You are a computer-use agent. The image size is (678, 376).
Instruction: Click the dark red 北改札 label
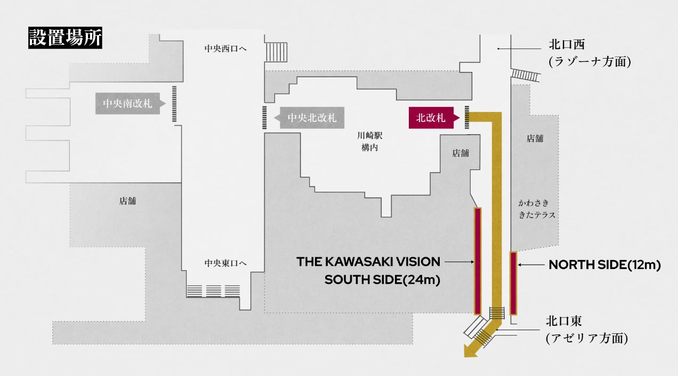click(x=431, y=118)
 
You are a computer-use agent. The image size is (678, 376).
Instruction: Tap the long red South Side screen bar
click(x=478, y=261)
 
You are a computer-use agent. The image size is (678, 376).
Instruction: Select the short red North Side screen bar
click(x=513, y=283)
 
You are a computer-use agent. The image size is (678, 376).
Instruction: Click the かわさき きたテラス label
click(x=537, y=209)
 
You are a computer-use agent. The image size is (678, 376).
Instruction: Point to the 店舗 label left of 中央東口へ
click(x=127, y=201)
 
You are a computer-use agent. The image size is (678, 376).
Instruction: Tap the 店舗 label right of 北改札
click(x=461, y=153)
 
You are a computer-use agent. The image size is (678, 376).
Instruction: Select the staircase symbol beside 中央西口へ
click(x=277, y=52)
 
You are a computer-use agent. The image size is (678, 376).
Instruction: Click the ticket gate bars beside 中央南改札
click(x=174, y=104)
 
